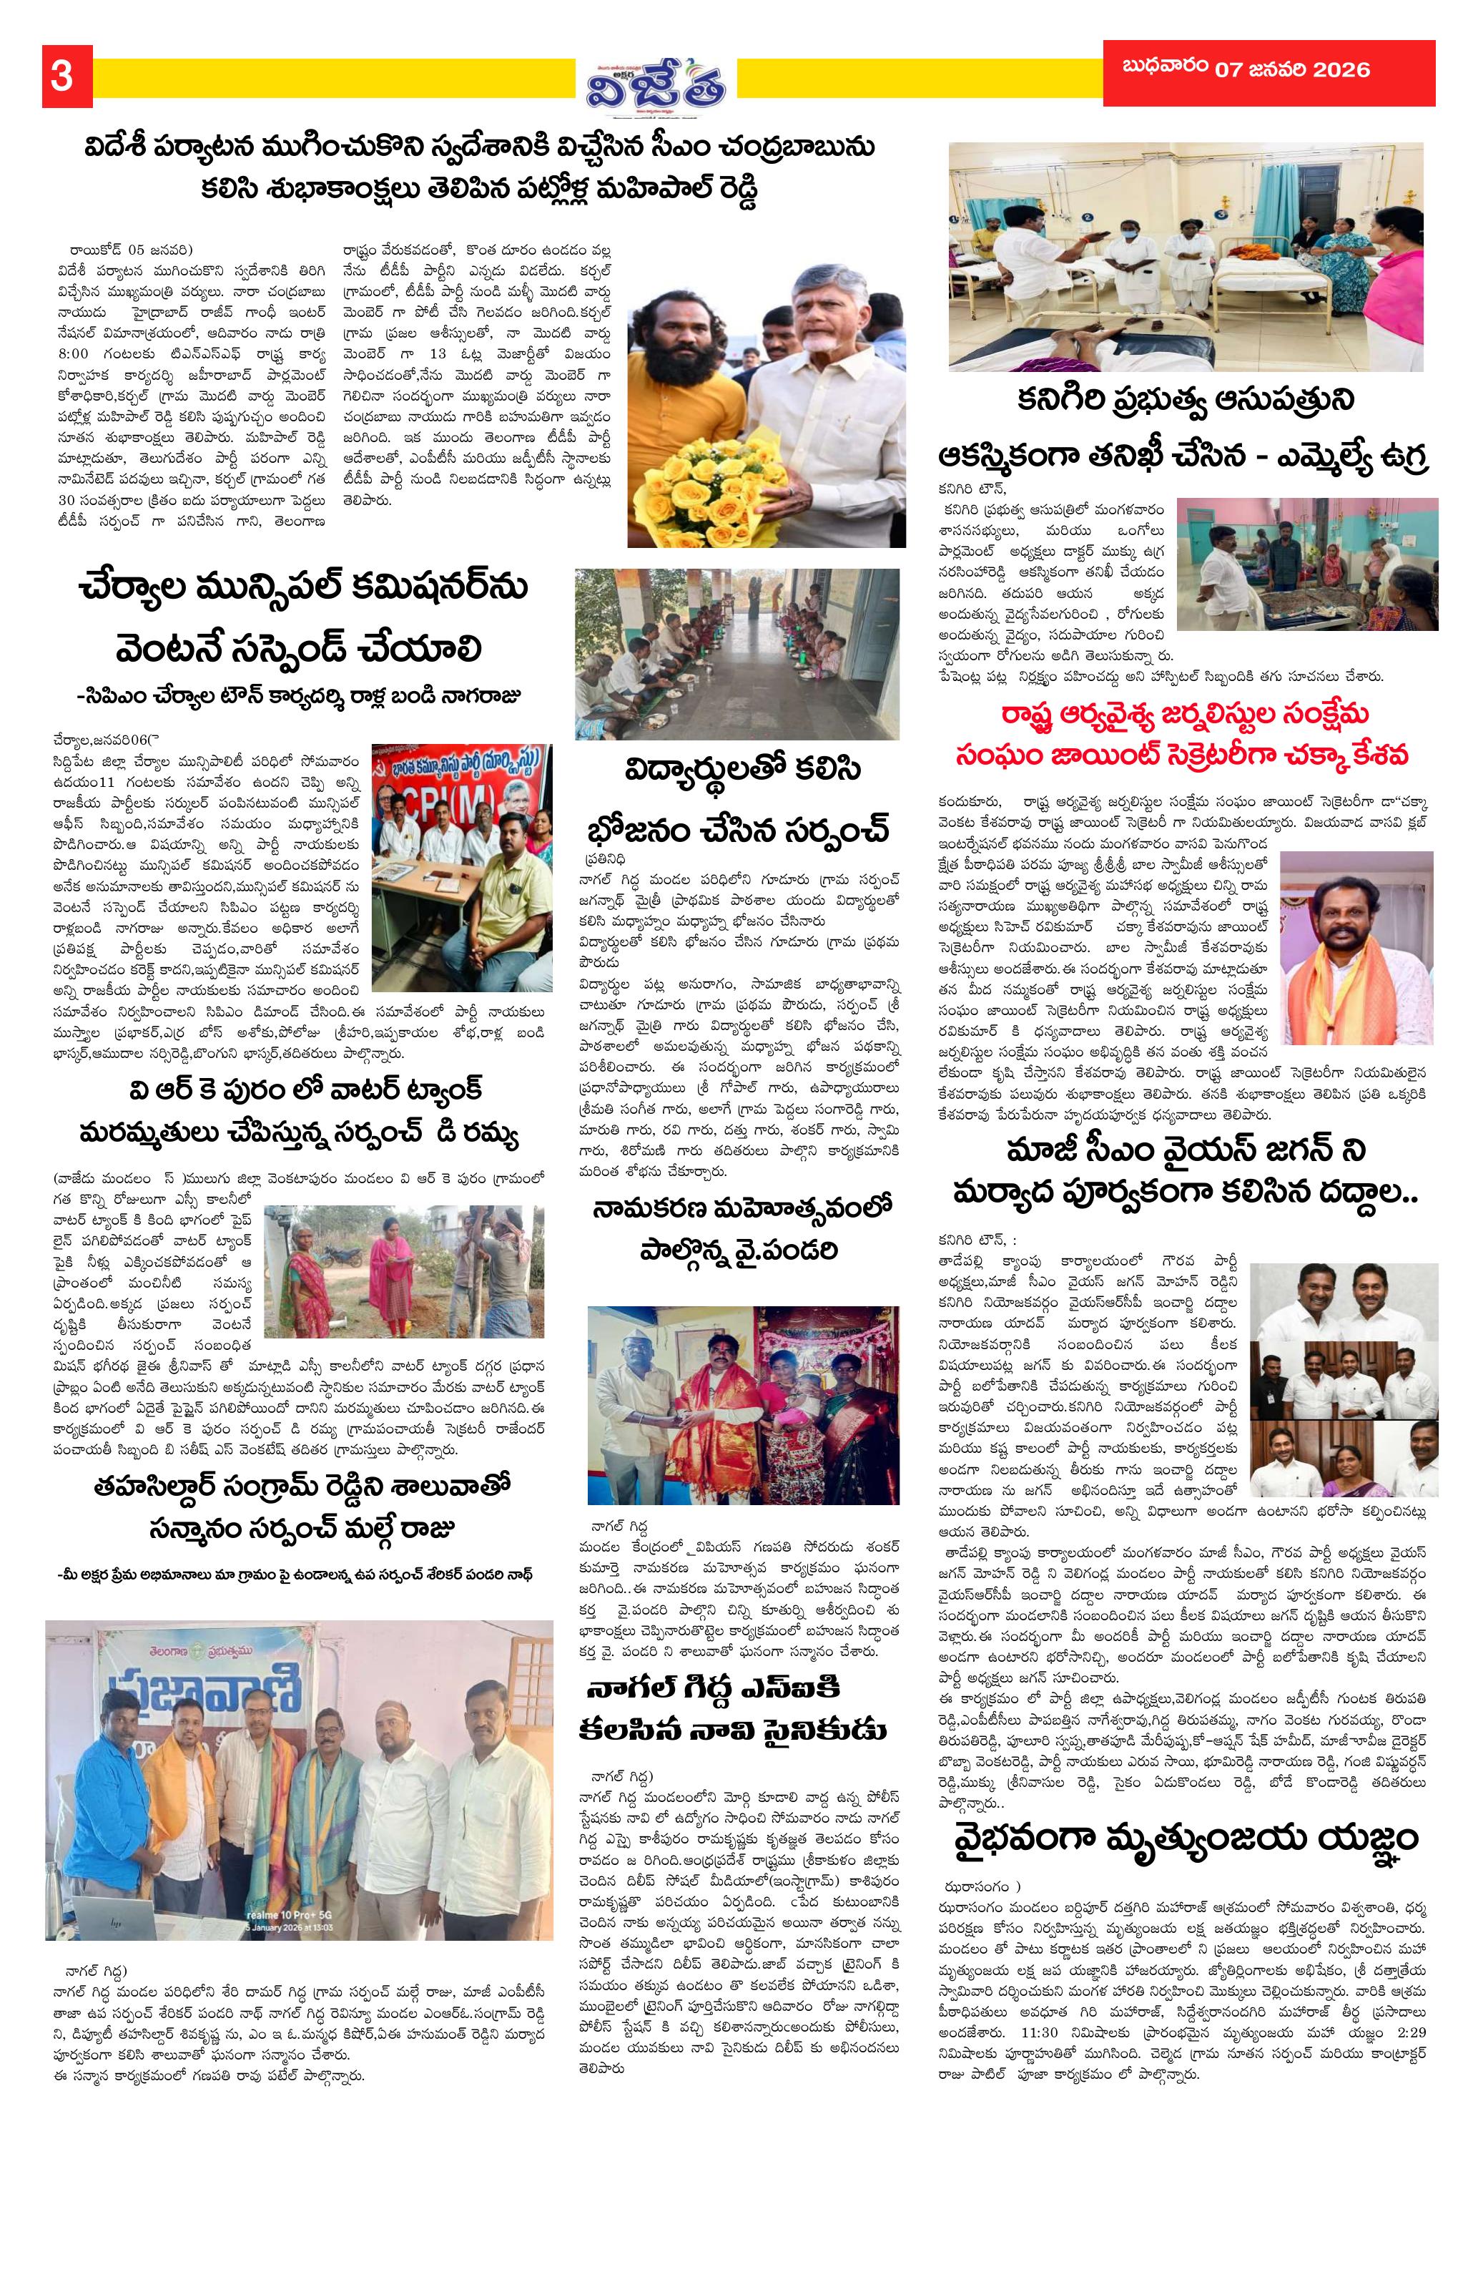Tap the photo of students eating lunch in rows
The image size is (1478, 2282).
(736, 655)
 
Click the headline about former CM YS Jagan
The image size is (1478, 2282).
(1185, 1169)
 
